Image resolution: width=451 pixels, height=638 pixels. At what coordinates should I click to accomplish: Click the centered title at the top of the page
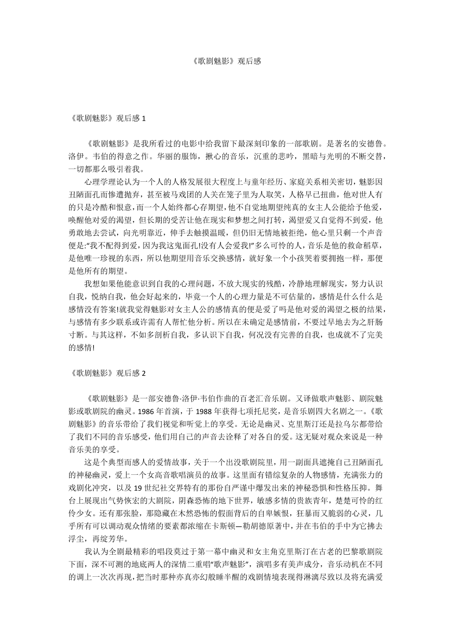point(225,61)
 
